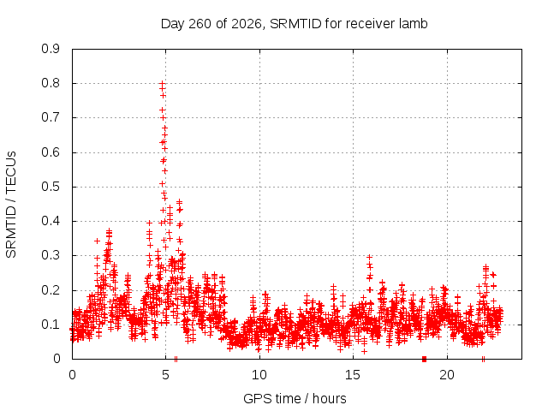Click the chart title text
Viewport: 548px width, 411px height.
(x=294, y=24)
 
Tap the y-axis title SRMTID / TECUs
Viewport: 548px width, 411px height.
(x=11, y=205)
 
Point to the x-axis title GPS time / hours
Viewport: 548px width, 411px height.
(x=295, y=398)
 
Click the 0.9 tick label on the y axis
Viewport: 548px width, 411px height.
(x=51, y=49)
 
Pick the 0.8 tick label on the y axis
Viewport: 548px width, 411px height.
(x=51, y=83)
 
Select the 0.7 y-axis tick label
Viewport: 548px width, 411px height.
(x=51, y=117)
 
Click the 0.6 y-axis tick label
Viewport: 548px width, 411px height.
(x=51, y=152)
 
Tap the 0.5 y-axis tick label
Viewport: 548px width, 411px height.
(x=51, y=187)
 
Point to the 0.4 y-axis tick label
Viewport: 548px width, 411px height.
(x=51, y=221)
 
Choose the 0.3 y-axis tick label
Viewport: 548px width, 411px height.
(x=51, y=255)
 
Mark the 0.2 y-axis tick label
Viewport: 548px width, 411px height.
(x=51, y=290)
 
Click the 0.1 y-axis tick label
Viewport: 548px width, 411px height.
(x=51, y=325)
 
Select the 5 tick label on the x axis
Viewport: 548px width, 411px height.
(x=165, y=375)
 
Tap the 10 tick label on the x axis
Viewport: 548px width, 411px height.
(x=259, y=375)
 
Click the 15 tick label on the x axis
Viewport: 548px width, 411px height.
(x=353, y=375)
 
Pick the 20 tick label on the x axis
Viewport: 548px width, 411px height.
(x=447, y=375)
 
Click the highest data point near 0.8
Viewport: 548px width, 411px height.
(x=162, y=84)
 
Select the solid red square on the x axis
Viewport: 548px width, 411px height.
(x=425, y=359)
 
